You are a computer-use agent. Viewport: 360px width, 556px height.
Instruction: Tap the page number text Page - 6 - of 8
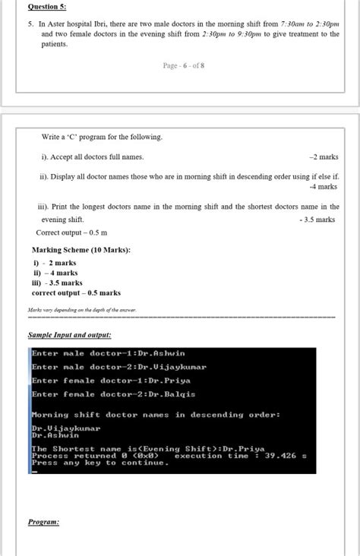pyautogui.click(x=183, y=66)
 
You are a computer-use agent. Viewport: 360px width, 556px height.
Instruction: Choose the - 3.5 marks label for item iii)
pyautogui.click(x=317, y=220)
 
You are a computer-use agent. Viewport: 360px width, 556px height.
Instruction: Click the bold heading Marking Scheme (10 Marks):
pyautogui.click(x=81, y=250)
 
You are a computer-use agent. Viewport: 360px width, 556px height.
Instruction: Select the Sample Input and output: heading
pyautogui.click(x=69, y=334)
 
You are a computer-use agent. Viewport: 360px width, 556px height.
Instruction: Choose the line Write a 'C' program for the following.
pyautogui.click(x=101, y=137)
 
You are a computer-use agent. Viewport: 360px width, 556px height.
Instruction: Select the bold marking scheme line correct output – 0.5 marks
pyautogui.click(x=76, y=292)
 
